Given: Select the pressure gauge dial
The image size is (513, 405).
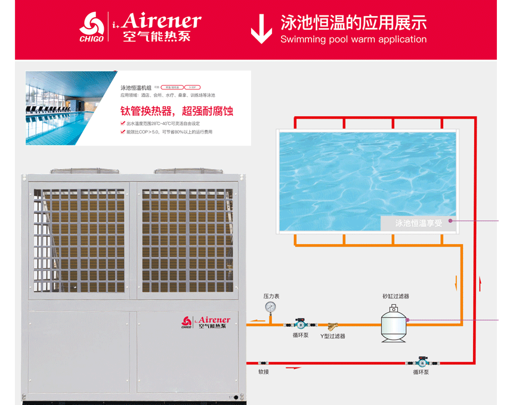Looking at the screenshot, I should tap(270, 307).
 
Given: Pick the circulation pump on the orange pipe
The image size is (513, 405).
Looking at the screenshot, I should tap(296, 325).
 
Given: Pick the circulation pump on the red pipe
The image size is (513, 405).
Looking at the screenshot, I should tap(421, 362).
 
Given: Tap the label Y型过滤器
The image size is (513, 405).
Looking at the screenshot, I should tap(332, 337).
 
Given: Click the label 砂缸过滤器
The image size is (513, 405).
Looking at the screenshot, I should tap(395, 296).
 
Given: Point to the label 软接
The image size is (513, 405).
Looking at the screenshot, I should tap(264, 372).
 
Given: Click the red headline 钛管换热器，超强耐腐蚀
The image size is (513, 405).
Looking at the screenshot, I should tap(177, 111).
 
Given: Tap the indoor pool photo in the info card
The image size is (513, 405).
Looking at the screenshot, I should tap(71, 108).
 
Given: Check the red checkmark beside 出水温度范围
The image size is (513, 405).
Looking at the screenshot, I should tap(123, 124).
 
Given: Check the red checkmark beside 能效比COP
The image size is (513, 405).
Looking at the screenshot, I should tap(123, 132).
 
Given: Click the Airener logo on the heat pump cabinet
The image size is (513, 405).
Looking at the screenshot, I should tap(206, 323).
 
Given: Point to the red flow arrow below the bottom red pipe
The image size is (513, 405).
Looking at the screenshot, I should tap(293, 369).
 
